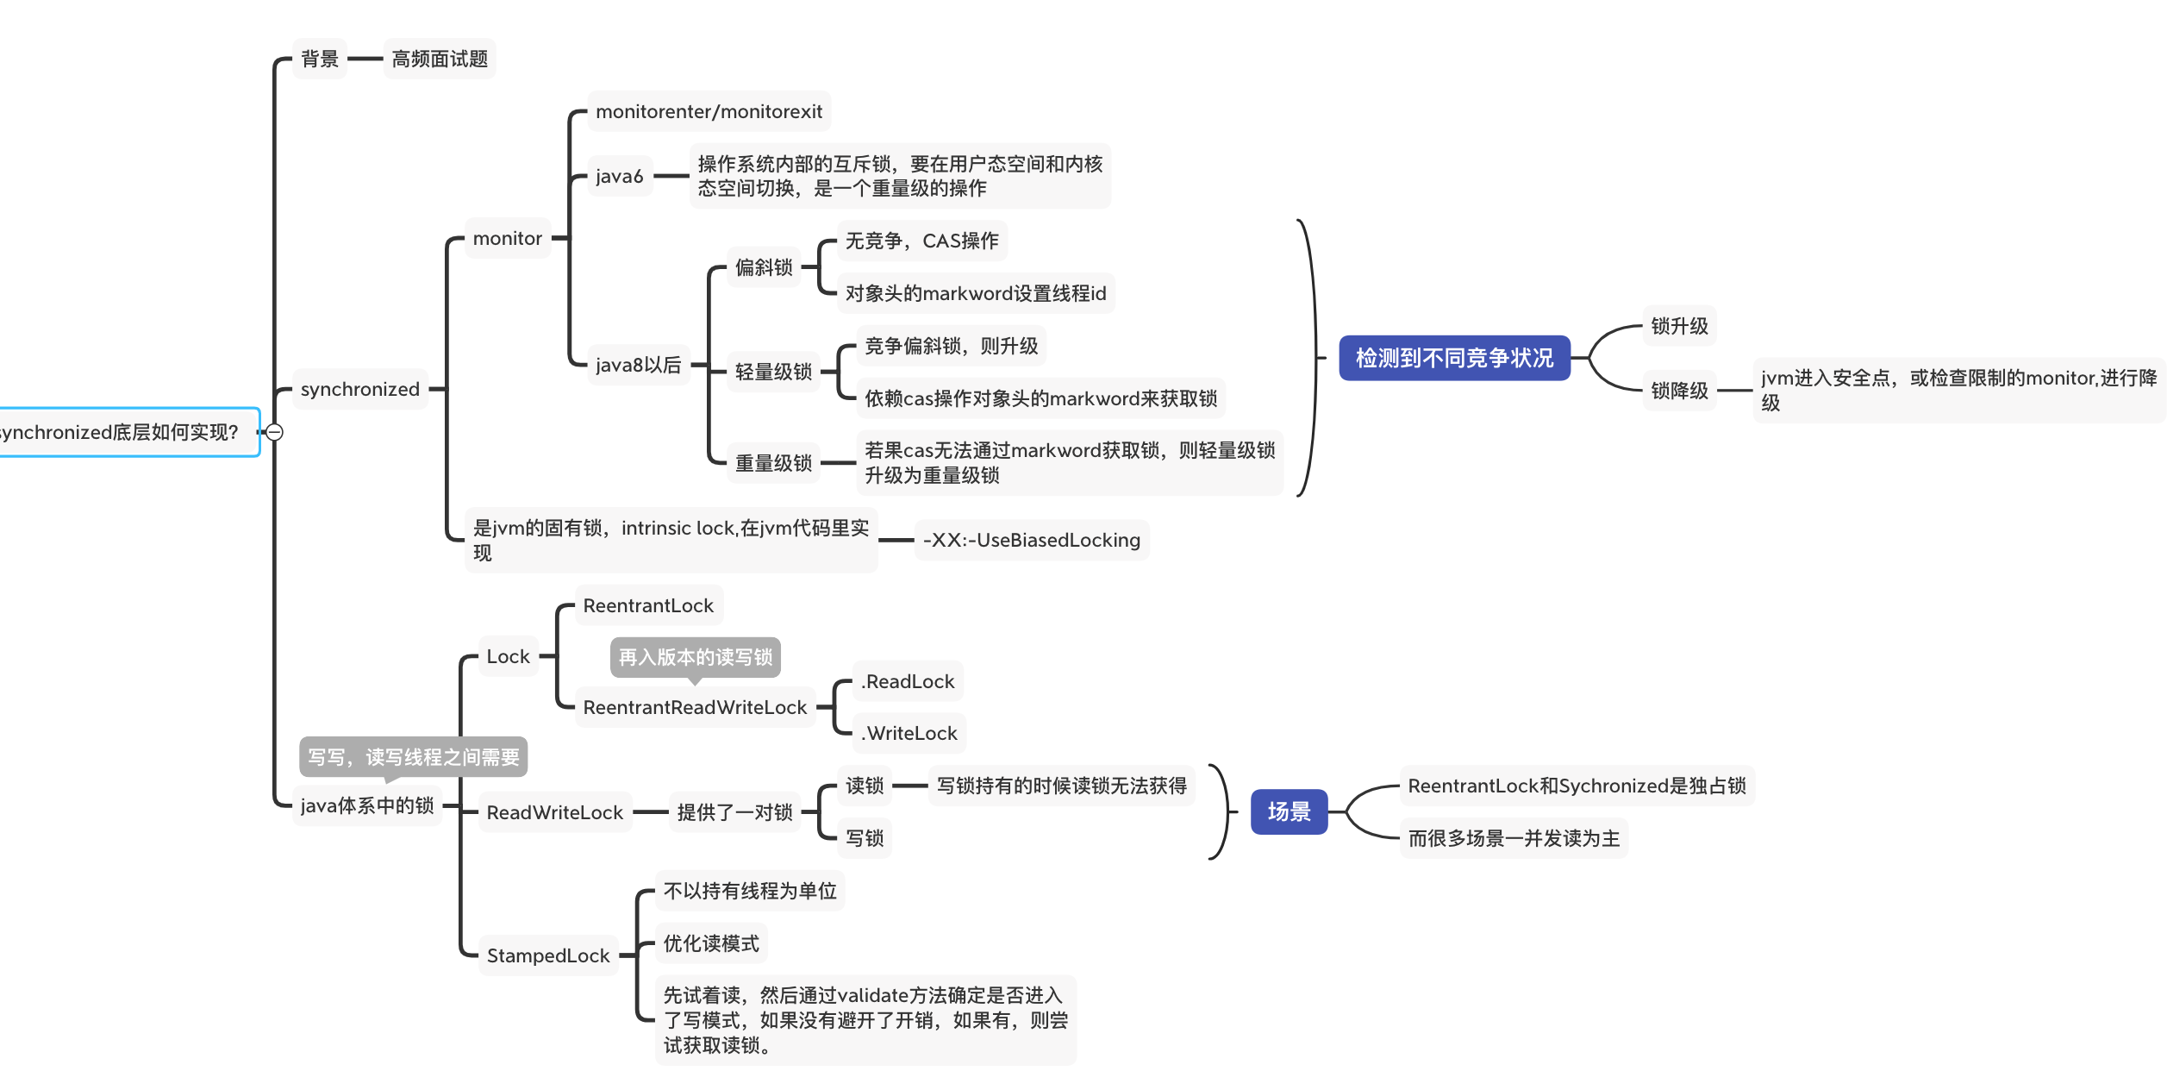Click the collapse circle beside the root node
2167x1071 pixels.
pyautogui.click(x=274, y=432)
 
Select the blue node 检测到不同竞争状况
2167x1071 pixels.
pyautogui.click(x=1454, y=358)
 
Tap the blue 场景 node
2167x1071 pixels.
pyautogui.click(x=1289, y=811)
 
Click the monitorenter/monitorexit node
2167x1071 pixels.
pyautogui.click(x=709, y=111)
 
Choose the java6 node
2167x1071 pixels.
pyautogui.click(x=620, y=176)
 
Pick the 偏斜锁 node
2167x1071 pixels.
pyautogui.click(x=764, y=267)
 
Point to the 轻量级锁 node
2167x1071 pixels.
pyautogui.click(x=773, y=372)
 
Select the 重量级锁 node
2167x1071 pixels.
pyautogui.click(x=773, y=463)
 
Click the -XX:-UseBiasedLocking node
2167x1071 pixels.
pyautogui.click(x=1032, y=540)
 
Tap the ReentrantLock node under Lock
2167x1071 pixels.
pyautogui.click(x=648, y=605)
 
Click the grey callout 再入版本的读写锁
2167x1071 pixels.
pyautogui.click(x=696, y=658)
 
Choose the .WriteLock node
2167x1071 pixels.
pyautogui.click(x=909, y=733)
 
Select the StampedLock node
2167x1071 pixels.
pyautogui.click(x=548, y=955)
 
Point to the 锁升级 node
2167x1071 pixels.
pyautogui.click(x=1679, y=326)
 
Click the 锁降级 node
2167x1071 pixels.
pyautogui.click(x=1679, y=391)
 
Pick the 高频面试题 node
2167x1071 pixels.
pyautogui.click(x=440, y=59)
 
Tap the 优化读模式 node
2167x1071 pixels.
pyautogui.click(x=711, y=943)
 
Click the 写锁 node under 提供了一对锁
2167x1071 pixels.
pyautogui.click(x=865, y=838)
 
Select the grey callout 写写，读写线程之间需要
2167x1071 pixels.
pyautogui.click(x=414, y=758)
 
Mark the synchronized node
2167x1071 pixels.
pyautogui.click(x=360, y=389)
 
